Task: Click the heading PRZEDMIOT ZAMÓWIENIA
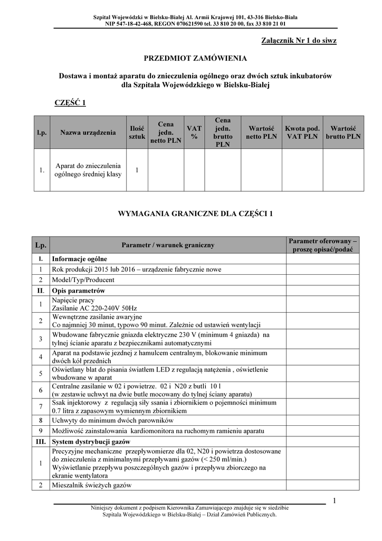tap(190, 57)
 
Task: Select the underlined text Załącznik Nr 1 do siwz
tap(299, 41)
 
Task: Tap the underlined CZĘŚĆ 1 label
tap(70, 102)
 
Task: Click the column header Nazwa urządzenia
tap(88, 132)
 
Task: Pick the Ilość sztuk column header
tap(137, 132)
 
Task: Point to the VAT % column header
tap(194, 132)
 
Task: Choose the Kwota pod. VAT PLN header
tap(302, 132)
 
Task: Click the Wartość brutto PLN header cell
tap(343, 132)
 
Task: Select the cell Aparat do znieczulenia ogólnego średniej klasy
tap(88, 170)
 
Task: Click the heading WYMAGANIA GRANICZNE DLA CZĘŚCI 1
tap(190, 214)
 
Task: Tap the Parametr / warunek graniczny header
tap(168, 245)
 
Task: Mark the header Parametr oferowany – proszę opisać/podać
tap(323, 245)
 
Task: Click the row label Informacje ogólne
tap(79, 259)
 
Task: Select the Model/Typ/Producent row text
tap(83, 280)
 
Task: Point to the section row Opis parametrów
tap(78, 291)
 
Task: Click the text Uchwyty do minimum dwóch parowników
tap(112, 421)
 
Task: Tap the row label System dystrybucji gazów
tap(91, 441)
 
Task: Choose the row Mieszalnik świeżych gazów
tap(91, 485)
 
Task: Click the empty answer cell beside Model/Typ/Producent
tap(323, 280)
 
